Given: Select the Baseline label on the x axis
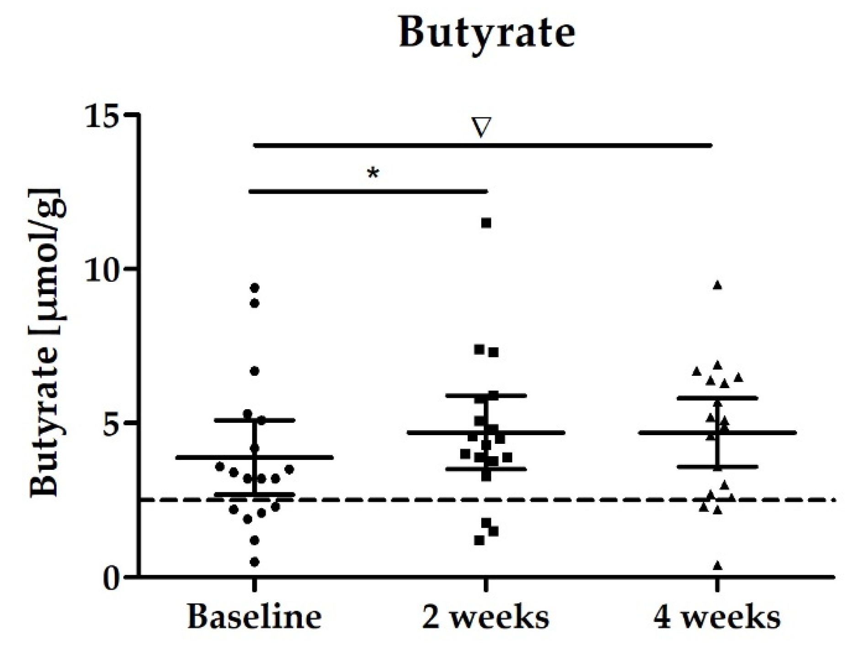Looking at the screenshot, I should point(254,617).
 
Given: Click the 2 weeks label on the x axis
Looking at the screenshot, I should point(485,617).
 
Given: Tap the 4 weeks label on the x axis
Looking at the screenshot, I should point(717,617).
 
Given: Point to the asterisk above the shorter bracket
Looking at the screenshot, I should point(373,174).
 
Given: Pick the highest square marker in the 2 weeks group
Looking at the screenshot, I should point(486,223).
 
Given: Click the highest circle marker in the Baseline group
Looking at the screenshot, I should point(255,288).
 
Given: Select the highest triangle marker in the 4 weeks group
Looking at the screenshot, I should point(717,285).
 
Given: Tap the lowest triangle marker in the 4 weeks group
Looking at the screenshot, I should point(717,566).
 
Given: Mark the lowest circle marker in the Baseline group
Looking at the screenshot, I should point(255,562).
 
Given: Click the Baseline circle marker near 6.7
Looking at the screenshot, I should point(255,371).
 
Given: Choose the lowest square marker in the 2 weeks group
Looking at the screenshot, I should point(479,540).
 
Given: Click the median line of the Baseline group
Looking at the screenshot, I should point(293,457).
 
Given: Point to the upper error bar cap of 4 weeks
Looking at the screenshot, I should point(717,398).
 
